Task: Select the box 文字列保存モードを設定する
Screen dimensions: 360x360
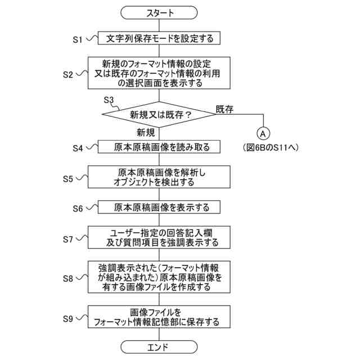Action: (x=160, y=39)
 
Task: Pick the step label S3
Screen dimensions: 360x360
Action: (x=109, y=100)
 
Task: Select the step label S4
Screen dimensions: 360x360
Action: (x=78, y=148)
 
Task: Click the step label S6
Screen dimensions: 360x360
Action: (x=78, y=208)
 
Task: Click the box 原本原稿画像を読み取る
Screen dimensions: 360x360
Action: (x=160, y=147)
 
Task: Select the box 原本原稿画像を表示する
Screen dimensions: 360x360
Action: (x=160, y=208)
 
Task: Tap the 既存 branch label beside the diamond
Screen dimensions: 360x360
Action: (x=224, y=109)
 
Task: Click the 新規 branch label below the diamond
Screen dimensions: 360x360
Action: (x=146, y=133)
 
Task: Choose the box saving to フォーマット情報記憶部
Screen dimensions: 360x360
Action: (x=160, y=318)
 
